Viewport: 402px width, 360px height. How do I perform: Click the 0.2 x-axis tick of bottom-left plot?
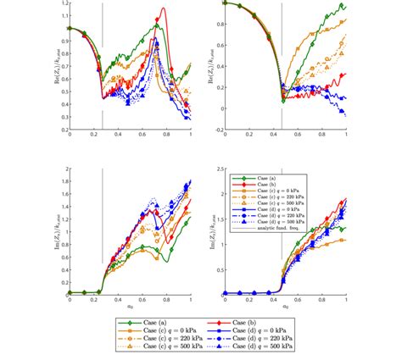pos(93,302)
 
